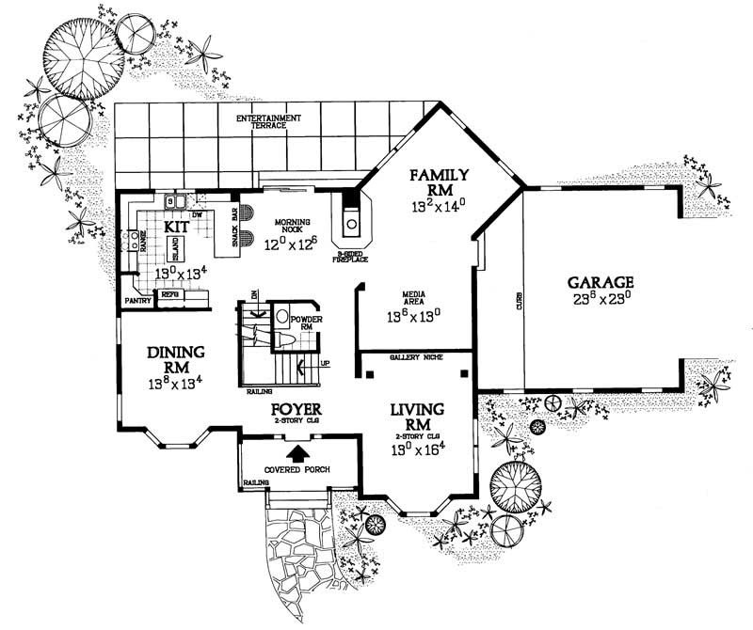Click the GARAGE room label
(x=601, y=281)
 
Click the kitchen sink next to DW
(x=174, y=200)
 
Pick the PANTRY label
(x=136, y=301)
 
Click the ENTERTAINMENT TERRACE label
(x=268, y=121)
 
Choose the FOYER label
(x=297, y=411)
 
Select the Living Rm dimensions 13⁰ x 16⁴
(x=417, y=448)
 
